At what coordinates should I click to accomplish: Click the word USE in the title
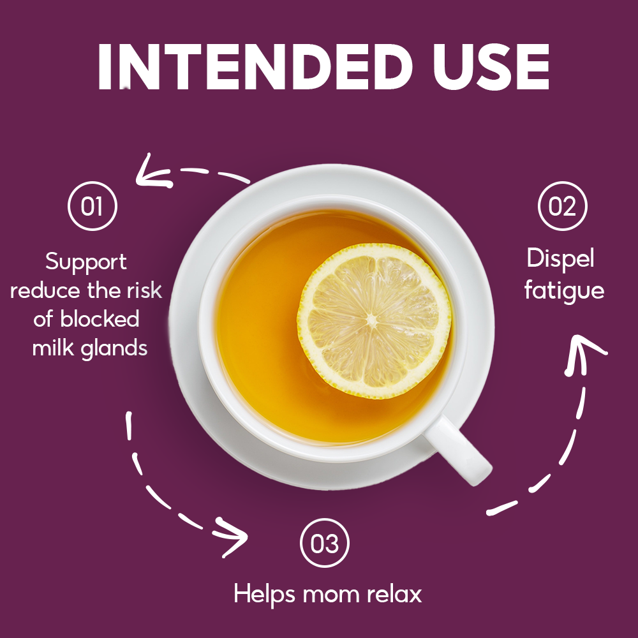click(x=491, y=66)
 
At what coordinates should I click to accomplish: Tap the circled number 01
click(x=93, y=206)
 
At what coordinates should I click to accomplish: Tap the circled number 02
click(x=562, y=206)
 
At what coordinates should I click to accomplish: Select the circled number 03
click(x=325, y=543)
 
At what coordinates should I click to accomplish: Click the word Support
click(x=86, y=262)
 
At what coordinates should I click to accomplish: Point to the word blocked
click(x=100, y=318)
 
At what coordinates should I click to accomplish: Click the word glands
click(x=114, y=349)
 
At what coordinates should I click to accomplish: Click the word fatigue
click(x=565, y=291)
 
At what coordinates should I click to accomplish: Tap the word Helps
click(x=265, y=594)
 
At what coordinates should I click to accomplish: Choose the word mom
click(x=330, y=596)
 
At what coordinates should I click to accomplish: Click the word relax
click(x=395, y=594)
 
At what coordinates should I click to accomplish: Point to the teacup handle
click(x=459, y=451)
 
